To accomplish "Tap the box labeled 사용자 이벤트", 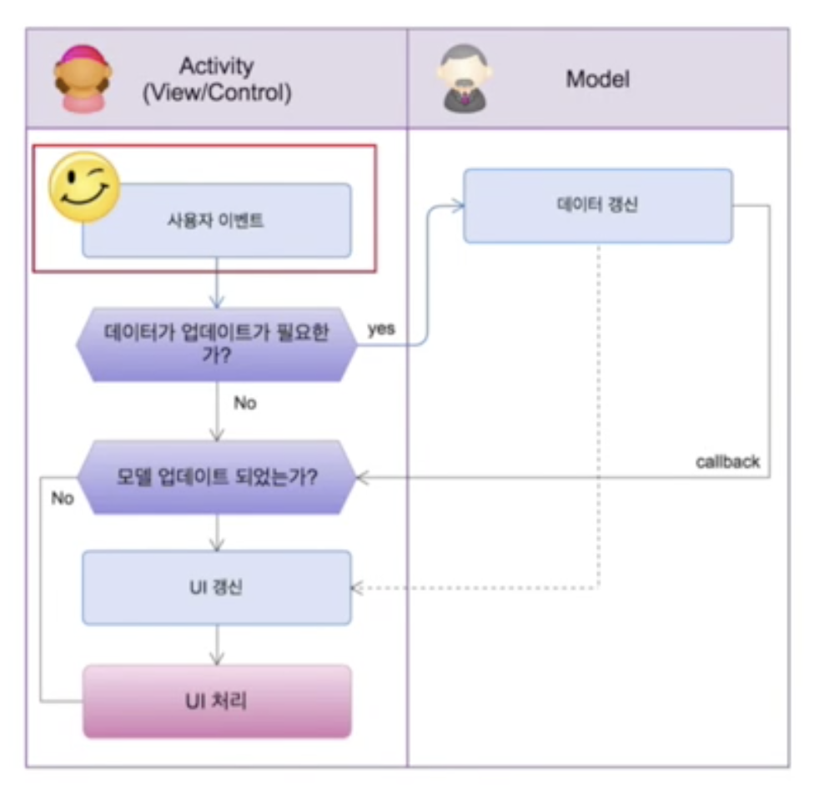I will point(217,221).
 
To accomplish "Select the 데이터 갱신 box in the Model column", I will point(597,206).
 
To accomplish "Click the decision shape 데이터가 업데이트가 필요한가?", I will point(217,344).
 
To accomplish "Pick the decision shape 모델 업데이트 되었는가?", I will point(217,478).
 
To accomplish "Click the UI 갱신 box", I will point(217,587).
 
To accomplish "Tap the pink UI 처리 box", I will point(217,701).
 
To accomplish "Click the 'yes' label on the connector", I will point(382,329).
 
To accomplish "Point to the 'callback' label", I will point(727,461).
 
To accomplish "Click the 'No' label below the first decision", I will point(244,403).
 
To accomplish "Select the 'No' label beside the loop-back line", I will point(63,498).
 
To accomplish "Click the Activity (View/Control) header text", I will point(216,79).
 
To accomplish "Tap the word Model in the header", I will point(597,79).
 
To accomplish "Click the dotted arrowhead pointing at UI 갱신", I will point(357,588).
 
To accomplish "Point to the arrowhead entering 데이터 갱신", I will point(458,206).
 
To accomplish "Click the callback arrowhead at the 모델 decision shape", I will point(362,478).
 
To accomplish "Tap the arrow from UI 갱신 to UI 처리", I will point(217,645).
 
